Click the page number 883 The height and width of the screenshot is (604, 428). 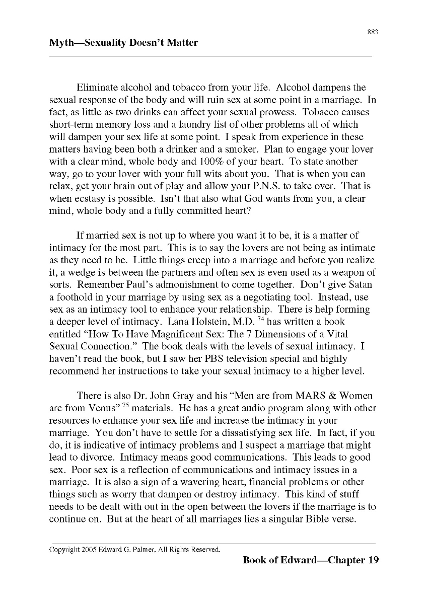pyautogui.click(x=373, y=32)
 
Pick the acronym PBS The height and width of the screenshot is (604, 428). pyautogui.click(x=201, y=359)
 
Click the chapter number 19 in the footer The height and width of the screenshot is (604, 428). pyautogui.click(x=373, y=560)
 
